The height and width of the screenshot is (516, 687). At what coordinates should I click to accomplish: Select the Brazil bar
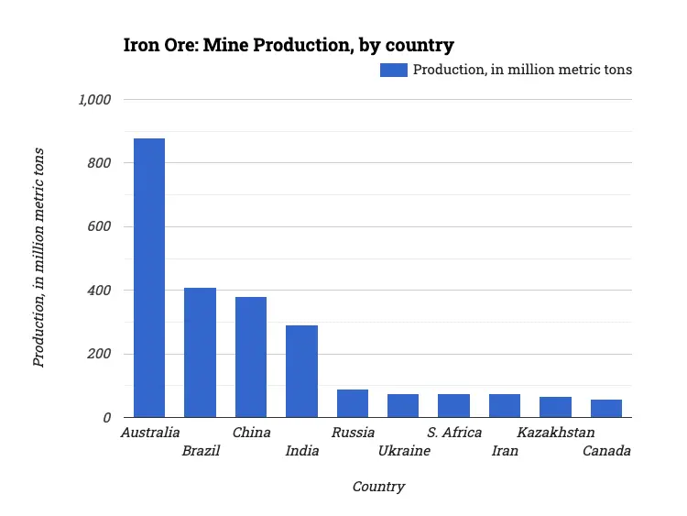pyautogui.click(x=200, y=353)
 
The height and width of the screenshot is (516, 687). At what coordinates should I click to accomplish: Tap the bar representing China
pyautogui.click(x=251, y=357)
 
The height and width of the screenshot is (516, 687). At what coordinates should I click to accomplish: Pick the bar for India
pyautogui.click(x=301, y=371)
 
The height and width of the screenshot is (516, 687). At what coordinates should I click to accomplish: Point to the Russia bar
pyautogui.click(x=353, y=403)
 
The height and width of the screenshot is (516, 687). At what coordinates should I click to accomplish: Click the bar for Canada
pyautogui.click(x=606, y=409)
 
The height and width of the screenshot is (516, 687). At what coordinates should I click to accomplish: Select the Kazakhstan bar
pyautogui.click(x=555, y=407)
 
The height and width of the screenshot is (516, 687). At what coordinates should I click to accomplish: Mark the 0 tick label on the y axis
pyautogui.click(x=106, y=418)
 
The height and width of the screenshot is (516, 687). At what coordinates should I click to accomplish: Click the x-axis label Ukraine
pyautogui.click(x=404, y=451)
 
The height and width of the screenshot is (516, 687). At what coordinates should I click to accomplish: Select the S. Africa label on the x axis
pyautogui.click(x=454, y=433)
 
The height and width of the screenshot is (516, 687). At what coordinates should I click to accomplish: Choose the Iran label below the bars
pyautogui.click(x=505, y=451)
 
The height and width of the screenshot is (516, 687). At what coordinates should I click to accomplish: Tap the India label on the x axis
pyautogui.click(x=302, y=451)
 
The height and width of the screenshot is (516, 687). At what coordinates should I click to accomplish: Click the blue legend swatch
pyautogui.click(x=393, y=70)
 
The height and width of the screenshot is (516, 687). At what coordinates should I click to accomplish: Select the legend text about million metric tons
pyautogui.click(x=522, y=70)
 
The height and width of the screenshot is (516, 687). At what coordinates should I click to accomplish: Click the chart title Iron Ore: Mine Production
pyautogui.click(x=289, y=45)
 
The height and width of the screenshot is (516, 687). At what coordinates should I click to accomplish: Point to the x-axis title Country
pyautogui.click(x=378, y=487)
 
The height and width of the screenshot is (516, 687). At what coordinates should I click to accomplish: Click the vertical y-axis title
pyautogui.click(x=38, y=258)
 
